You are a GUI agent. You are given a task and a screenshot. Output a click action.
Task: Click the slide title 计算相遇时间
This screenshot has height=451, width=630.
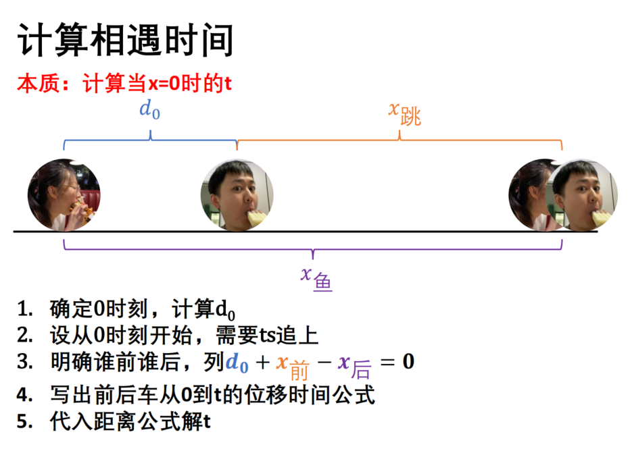point(125,40)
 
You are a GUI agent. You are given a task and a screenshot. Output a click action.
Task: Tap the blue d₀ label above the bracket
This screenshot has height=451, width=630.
point(150,109)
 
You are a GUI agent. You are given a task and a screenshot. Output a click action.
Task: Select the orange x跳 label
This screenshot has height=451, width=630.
point(405,114)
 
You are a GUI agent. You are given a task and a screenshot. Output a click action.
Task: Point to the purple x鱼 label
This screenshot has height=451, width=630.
point(316,278)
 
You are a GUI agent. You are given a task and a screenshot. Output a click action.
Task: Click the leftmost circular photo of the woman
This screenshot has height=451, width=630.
point(64,195)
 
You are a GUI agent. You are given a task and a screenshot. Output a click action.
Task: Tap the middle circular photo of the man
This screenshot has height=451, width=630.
point(237,195)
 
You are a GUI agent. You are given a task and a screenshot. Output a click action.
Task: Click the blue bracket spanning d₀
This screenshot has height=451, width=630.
point(150,140)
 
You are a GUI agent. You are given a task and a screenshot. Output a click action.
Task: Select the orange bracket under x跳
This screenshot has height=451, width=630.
point(399,140)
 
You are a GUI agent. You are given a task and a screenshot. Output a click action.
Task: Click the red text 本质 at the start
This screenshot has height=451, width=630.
point(39,84)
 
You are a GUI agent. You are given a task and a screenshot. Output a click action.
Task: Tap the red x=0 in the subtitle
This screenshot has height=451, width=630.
point(164,84)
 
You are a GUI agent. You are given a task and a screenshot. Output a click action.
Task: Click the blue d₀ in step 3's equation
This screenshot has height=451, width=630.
point(237,363)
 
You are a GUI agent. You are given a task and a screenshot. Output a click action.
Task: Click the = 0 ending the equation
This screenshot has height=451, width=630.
point(397,362)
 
